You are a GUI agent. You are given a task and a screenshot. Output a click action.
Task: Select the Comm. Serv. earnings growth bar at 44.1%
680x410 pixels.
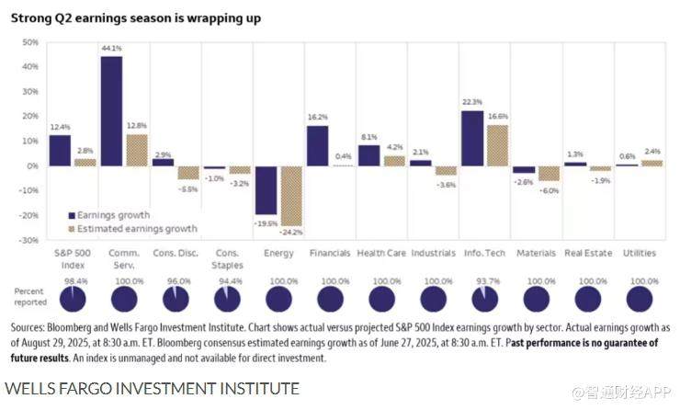click(x=111, y=110)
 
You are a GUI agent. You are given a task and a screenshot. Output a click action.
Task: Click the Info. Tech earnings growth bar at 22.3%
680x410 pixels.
click(x=472, y=138)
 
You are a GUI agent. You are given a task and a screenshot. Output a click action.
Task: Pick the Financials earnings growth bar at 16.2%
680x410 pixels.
click(x=317, y=145)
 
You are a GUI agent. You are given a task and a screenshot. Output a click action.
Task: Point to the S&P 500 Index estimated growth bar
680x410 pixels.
click(x=85, y=162)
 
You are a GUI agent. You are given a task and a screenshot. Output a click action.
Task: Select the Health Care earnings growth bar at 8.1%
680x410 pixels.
click(x=368, y=155)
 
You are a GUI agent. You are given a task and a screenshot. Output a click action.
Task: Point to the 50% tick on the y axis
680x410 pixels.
click(x=29, y=42)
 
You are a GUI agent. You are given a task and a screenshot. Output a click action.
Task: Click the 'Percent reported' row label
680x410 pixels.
click(x=29, y=296)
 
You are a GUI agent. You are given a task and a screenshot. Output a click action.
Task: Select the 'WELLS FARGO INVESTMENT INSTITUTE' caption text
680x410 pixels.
click(x=152, y=388)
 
